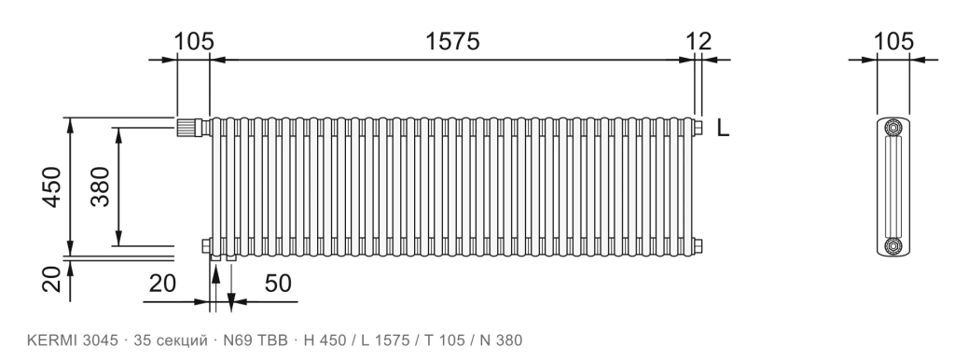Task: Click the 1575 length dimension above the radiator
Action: click(452, 41)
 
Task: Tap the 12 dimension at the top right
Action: click(699, 41)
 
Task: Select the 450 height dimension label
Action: click(53, 187)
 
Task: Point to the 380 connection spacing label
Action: click(101, 187)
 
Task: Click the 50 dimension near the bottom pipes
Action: click(278, 284)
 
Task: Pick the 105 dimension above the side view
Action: click(893, 41)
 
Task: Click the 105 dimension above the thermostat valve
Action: click(194, 41)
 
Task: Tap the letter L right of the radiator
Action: click(723, 128)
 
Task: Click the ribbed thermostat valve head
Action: click(187, 128)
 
